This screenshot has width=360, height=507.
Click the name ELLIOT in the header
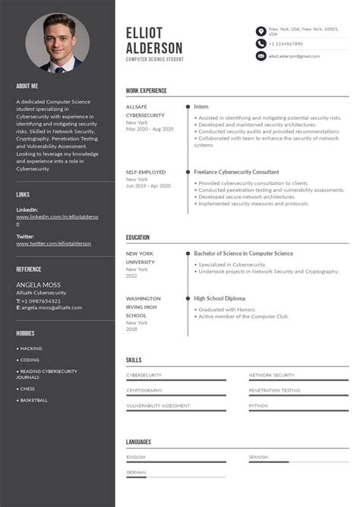(144, 33)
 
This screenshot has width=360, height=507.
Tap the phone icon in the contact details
(261, 44)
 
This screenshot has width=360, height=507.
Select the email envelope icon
(261, 56)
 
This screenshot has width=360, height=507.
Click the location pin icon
(261, 31)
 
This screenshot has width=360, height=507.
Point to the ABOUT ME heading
(27, 86)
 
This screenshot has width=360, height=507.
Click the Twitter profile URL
(53, 244)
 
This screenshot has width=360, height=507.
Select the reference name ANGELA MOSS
(38, 285)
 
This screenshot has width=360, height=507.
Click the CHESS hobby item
(27, 389)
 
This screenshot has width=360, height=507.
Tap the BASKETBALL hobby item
(33, 400)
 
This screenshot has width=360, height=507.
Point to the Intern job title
(201, 107)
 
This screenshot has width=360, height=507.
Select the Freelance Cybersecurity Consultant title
(236, 172)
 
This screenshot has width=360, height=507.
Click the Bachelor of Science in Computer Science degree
(243, 253)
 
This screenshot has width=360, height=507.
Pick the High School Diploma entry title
(219, 298)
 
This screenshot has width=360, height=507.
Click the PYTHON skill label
(258, 405)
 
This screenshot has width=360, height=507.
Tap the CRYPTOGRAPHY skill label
(144, 390)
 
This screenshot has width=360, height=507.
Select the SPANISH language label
(258, 457)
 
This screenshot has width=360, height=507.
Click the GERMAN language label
(136, 472)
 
